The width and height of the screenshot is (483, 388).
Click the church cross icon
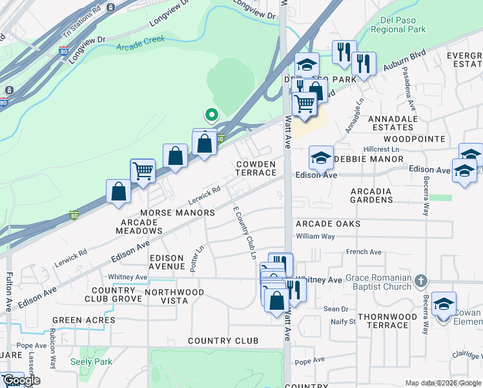pyautogui.click(x=422, y=281)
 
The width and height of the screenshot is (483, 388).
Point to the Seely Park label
pyautogui.click(x=91, y=361)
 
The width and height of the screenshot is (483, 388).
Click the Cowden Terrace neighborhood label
pyautogui.click(x=256, y=169)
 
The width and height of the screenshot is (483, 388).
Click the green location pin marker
pyautogui.click(x=211, y=115)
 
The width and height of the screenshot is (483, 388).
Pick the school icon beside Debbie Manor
pyautogui.click(x=321, y=157)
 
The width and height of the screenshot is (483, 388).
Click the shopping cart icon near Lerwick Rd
pyautogui.click(x=143, y=171)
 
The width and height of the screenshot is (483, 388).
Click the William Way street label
pyautogui.click(x=315, y=237)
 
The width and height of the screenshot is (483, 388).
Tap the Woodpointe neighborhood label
pyautogui.click(x=414, y=139)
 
